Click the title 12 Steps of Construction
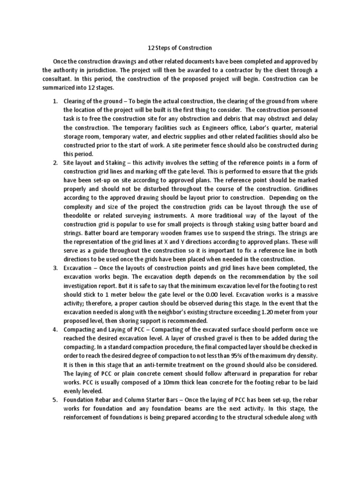coord(180,48)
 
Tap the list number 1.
coord(54,101)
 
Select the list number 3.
coord(54,268)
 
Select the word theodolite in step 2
coord(81,215)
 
